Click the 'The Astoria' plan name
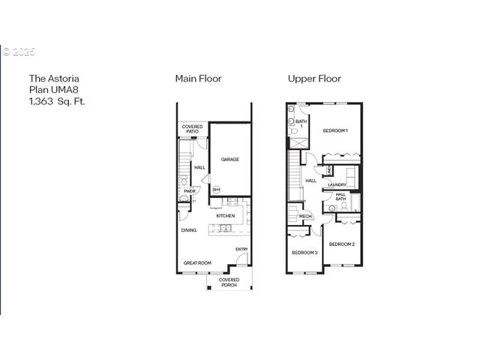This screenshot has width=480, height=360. point(54,78)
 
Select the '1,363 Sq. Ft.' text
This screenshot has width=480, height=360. point(57,101)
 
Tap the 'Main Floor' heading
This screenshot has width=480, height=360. point(198,78)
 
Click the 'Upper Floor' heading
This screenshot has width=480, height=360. point(314,78)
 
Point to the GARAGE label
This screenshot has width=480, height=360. point(229,159)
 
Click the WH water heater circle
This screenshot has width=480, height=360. point(216,189)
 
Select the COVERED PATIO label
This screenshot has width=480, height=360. point(192,129)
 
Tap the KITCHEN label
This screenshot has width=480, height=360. point(225,216)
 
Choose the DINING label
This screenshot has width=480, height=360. point(188,230)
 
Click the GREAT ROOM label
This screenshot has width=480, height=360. point(198,262)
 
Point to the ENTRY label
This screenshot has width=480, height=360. point(241,249)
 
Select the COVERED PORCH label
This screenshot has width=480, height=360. point(229,282)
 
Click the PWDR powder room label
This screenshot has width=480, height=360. point(190,190)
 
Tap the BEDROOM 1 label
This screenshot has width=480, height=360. point(335,130)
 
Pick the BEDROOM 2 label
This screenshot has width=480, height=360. point(341,244)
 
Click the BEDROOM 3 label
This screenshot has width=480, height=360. point(304,253)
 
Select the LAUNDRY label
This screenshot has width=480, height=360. point(337,184)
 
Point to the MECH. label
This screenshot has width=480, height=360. point(305,217)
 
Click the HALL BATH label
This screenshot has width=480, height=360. point(340,196)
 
